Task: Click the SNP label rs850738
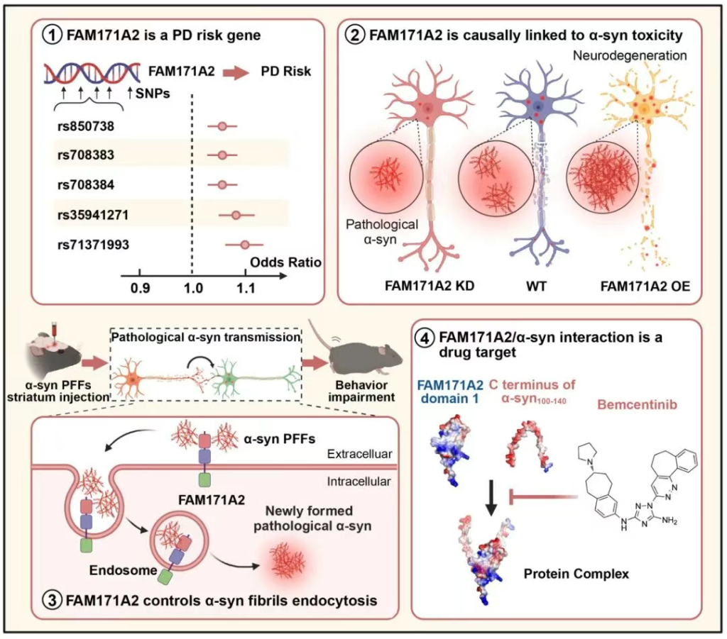pyautogui.click(x=86, y=126)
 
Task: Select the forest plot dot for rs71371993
pyautogui.click(x=245, y=245)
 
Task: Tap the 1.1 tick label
pyautogui.click(x=245, y=289)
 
